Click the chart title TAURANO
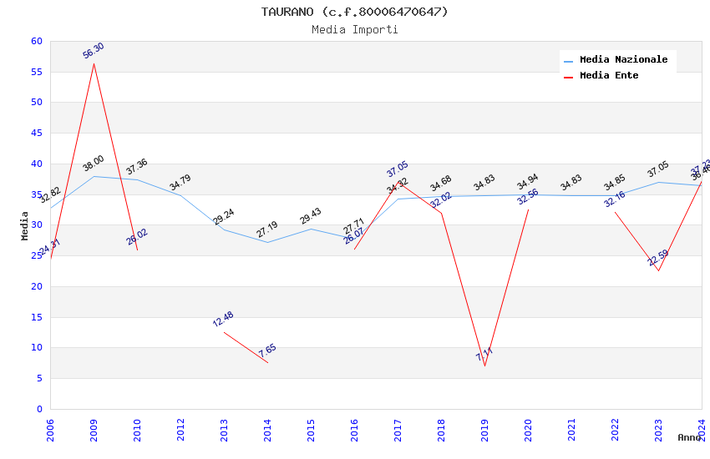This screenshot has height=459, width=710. [x=354, y=12]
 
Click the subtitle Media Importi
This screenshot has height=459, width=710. [x=354, y=29]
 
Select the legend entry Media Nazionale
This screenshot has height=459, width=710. [x=623, y=60]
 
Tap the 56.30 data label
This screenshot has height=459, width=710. [x=94, y=51]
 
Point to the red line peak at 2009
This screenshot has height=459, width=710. [x=94, y=63]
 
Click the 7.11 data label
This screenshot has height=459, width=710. [x=484, y=355]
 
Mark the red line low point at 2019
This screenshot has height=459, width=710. [x=484, y=366]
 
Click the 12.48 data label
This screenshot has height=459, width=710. [x=223, y=319]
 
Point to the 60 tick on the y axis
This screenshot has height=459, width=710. [x=36, y=42]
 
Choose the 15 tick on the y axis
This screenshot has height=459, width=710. [x=36, y=317]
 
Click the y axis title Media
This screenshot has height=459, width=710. [x=25, y=225]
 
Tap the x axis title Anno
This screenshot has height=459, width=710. [x=689, y=437]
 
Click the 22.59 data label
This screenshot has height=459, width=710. [x=658, y=258]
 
